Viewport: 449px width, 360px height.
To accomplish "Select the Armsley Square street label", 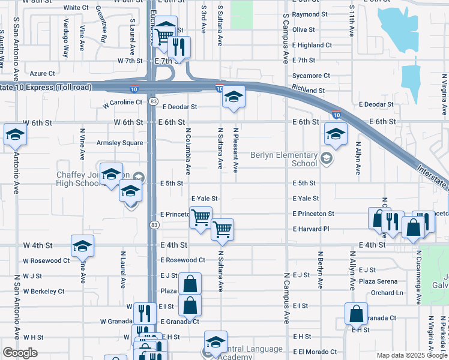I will click(120, 143).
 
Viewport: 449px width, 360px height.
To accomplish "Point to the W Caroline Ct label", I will click(122, 103).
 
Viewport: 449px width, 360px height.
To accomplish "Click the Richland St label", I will click(309, 91).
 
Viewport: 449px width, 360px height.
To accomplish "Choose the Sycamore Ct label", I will click(311, 76).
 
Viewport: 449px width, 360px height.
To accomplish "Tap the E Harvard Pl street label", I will click(311, 229).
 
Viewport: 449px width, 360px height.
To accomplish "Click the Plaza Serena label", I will click(378, 281).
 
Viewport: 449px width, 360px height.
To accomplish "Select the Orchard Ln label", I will click(387, 293).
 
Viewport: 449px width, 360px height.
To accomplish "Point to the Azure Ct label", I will click(42, 74).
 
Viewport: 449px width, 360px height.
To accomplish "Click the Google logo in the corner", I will click(20, 353).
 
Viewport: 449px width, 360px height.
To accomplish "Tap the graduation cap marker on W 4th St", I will click(82, 245).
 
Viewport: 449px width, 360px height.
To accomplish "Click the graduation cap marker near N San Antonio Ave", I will click(14, 134).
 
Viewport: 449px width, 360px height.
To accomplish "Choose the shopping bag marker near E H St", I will click(356, 313).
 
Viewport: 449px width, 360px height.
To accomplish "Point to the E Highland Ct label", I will click(312, 45).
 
